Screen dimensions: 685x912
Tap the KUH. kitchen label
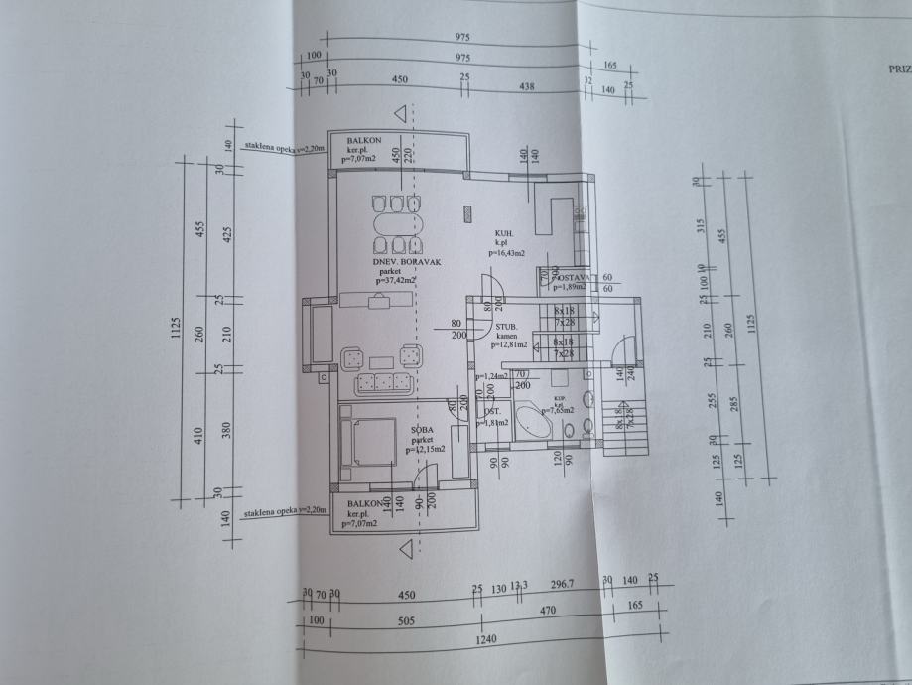pyautogui.click(x=503, y=234)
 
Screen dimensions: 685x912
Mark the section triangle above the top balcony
pyautogui.click(x=401, y=114)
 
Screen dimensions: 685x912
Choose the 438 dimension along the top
pyautogui.click(x=526, y=87)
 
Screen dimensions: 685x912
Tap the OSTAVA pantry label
pyautogui.click(x=574, y=277)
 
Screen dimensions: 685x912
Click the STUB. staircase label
pyautogui.click(x=509, y=326)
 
